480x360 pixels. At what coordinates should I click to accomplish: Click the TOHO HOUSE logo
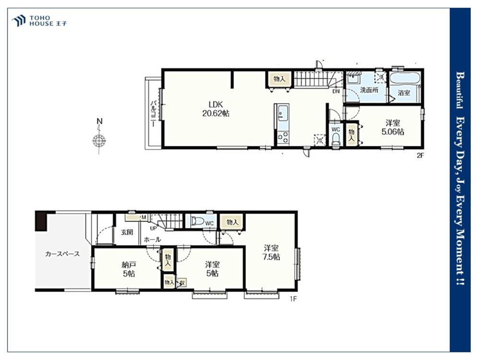[39, 21]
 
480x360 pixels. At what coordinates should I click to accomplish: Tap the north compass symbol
[99, 136]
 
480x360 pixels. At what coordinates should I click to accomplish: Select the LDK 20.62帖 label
[216, 108]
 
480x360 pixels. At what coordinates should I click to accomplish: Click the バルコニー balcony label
[154, 113]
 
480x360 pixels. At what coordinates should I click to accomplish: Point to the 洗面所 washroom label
[369, 90]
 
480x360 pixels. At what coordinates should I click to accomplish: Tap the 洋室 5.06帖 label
[393, 127]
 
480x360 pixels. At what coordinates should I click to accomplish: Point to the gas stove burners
[283, 136]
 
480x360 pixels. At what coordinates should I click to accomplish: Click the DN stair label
[336, 91]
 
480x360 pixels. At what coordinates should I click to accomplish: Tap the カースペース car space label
[62, 254]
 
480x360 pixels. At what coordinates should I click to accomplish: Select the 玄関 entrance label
[127, 232]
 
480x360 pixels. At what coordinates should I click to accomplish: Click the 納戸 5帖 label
[129, 269]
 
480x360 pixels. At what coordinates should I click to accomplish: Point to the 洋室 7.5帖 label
[271, 252]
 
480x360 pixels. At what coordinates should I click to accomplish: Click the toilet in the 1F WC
[197, 221]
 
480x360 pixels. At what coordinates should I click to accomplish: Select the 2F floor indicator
[420, 155]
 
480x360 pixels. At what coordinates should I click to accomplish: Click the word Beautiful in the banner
[460, 90]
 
